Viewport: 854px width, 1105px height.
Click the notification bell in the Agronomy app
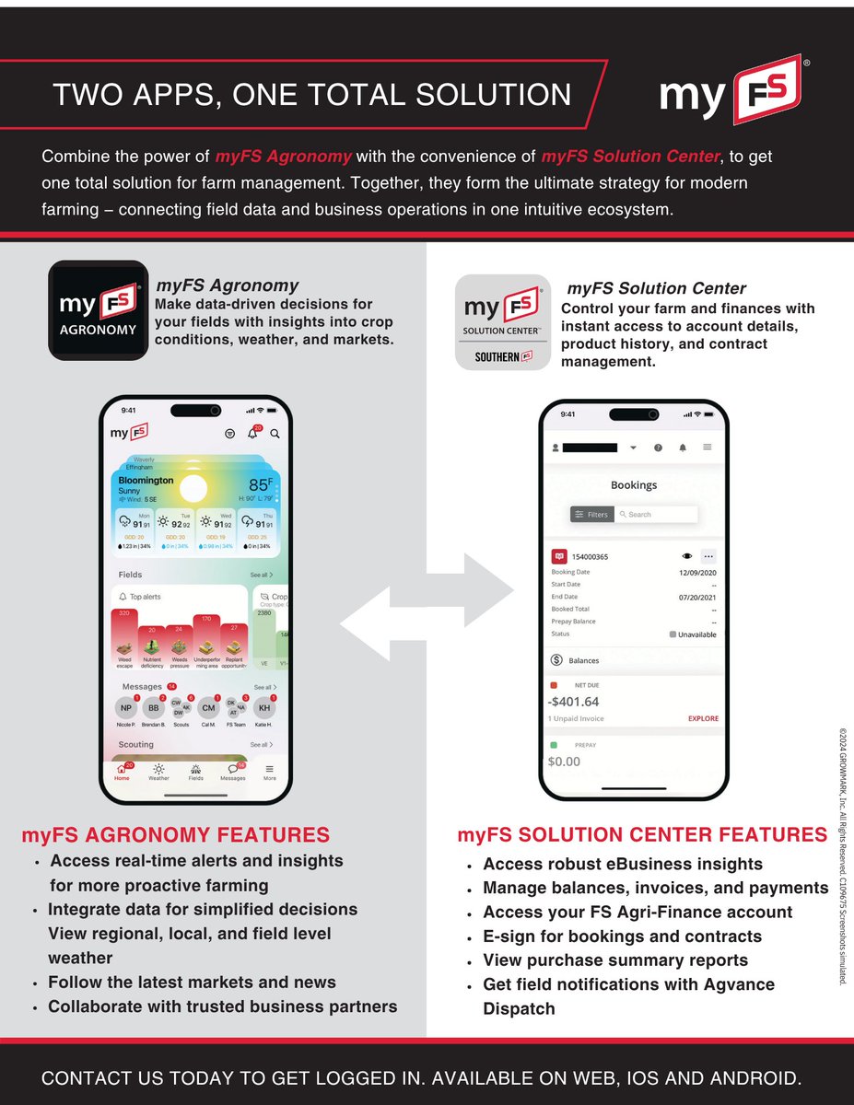point(252,433)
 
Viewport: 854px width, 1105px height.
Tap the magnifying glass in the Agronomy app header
point(275,433)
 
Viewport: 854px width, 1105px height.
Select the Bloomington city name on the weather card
point(146,480)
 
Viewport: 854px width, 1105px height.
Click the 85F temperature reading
point(260,485)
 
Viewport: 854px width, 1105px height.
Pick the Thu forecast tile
point(257,530)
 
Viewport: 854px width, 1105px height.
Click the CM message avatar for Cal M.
point(209,707)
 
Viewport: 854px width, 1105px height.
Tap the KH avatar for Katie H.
point(264,707)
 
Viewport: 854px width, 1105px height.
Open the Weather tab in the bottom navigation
point(158,772)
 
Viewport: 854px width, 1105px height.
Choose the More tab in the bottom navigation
point(269,772)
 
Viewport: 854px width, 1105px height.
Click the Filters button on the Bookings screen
point(591,515)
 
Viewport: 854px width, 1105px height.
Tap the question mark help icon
point(658,448)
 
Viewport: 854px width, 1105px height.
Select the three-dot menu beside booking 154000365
point(708,556)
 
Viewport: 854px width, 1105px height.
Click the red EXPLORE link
point(703,718)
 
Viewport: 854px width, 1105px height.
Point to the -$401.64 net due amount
point(573,702)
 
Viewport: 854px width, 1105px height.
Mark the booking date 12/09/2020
point(696,572)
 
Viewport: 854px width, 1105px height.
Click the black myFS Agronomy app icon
point(99,309)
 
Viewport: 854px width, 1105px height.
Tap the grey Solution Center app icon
point(503,322)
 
